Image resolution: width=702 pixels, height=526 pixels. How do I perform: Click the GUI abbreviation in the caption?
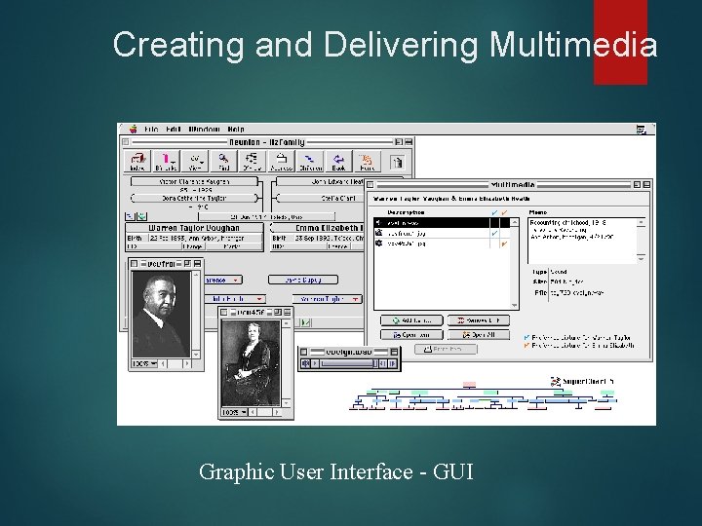coord(453,472)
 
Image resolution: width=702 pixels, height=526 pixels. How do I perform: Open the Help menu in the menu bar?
coord(237,129)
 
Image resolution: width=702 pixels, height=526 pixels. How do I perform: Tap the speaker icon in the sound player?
coord(306,363)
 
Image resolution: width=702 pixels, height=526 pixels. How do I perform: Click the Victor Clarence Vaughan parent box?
coord(195,181)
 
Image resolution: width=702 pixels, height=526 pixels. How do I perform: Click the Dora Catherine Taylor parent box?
coord(195,197)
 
